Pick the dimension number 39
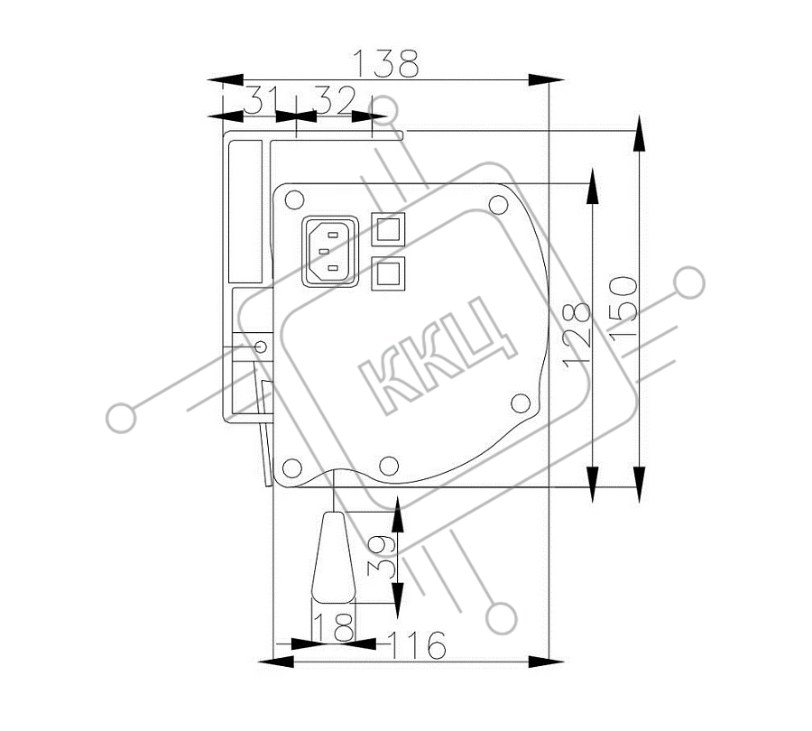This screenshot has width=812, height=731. [381, 557]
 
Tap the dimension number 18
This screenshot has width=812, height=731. [334, 627]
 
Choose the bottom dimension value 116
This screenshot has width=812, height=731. [418, 645]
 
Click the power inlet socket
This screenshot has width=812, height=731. [330, 251]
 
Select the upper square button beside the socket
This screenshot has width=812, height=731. [388, 229]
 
